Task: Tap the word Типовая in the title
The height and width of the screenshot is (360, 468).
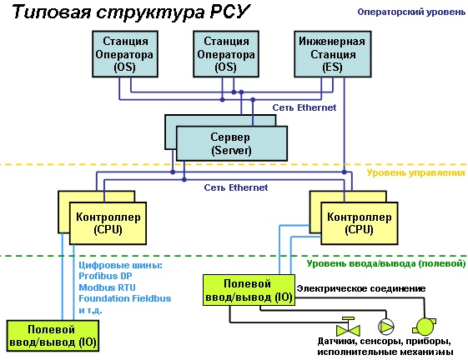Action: pyautogui.click(x=52, y=12)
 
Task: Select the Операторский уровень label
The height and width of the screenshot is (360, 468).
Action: pyautogui.click(x=411, y=12)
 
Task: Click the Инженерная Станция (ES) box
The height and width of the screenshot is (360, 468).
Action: pyautogui.click(x=333, y=54)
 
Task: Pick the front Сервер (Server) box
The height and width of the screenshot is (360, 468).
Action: pyautogui.click(x=232, y=143)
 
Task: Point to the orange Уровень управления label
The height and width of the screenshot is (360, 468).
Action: pyautogui.click(x=415, y=172)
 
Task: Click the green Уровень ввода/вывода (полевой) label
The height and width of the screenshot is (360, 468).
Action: pyautogui.click(x=386, y=263)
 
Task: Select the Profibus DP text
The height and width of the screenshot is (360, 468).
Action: pyautogui.click(x=105, y=276)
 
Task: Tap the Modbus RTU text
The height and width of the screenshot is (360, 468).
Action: pyautogui.click(x=107, y=287)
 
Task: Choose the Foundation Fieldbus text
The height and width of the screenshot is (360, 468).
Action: pyautogui.click(x=125, y=298)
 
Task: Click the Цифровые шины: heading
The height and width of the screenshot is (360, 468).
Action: pyautogui.click(x=120, y=265)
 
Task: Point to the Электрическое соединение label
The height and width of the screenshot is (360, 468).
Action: pyautogui.click(x=361, y=288)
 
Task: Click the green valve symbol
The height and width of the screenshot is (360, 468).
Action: pyautogui.click(x=348, y=327)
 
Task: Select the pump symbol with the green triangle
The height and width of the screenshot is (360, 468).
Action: pyautogui.click(x=386, y=327)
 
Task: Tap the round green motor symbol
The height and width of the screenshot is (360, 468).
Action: pyautogui.click(x=424, y=327)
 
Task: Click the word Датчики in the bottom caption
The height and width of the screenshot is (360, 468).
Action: pyautogui.click(x=336, y=341)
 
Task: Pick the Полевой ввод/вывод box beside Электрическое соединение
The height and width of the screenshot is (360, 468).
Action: pyautogui.click(x=249, y=290)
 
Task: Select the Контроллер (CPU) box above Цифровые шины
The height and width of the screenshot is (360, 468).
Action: pyautogui.click(x=108, y=223)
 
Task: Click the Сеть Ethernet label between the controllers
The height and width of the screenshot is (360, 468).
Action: pyautogui.click(x=236, y=187)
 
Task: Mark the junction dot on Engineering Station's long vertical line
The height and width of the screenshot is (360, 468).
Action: pyautogui.click(x=345, y=172)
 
